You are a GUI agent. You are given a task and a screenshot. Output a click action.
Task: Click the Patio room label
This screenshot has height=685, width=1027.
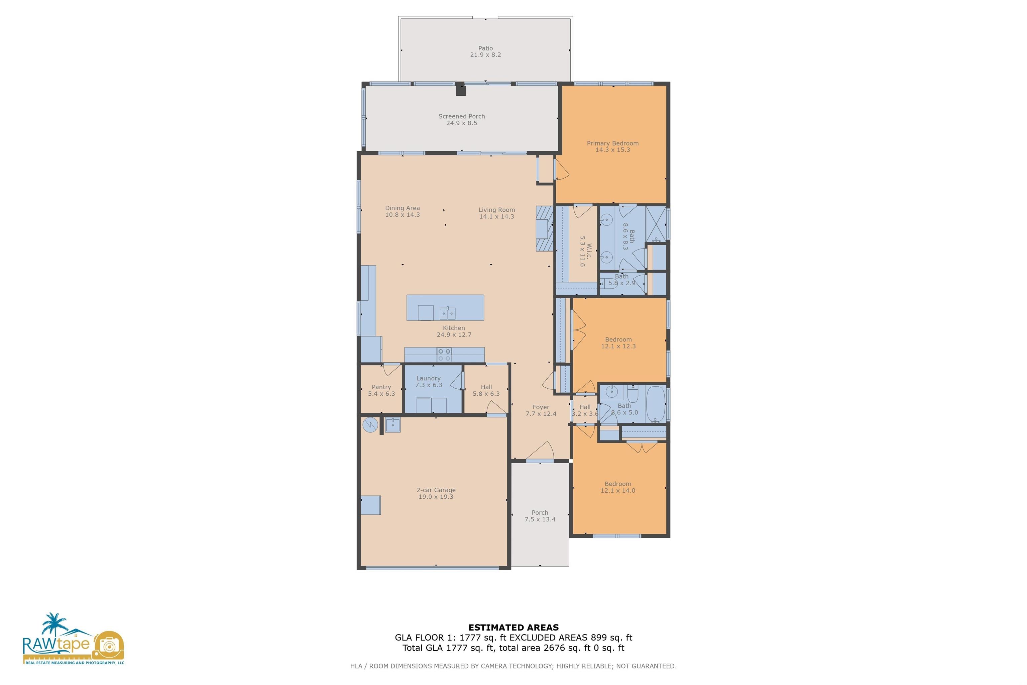(x=485, y=48)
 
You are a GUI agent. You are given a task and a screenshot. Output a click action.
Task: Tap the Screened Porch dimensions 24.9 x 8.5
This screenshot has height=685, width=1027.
(x=462, y=123)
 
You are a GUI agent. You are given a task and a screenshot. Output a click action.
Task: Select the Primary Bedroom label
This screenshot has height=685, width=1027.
(x=612, y=143)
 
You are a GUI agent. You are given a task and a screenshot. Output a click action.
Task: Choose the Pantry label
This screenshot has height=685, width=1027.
(x=381, y=387)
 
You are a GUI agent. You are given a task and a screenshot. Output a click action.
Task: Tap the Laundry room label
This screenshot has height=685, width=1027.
(x=428, y=378)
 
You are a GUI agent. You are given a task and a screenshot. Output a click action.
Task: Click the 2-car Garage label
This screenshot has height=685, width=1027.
(x=436, y=490)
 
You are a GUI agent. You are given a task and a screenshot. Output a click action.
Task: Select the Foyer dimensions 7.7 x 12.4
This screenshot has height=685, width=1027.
(x=541, y=414)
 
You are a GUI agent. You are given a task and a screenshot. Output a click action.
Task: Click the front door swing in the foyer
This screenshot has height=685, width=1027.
(x=540, y=451)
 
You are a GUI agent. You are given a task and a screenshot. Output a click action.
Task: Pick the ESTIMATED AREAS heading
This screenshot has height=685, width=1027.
(x=513, y=628)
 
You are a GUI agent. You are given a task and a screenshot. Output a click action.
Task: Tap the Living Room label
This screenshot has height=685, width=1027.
(x=496, y=210)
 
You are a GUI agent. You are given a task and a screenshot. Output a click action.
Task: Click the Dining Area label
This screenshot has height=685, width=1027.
(x=402, y=208)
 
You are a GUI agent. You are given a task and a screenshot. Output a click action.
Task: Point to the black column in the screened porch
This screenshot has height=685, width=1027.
(x=461, y=89)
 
